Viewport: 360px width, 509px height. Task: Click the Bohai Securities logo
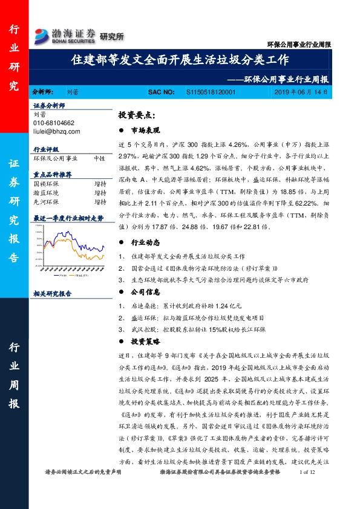[x=65, y=34]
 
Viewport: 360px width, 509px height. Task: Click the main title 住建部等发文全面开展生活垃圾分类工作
[x=180, y=60]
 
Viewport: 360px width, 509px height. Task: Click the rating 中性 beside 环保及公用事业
[x=99, y=158]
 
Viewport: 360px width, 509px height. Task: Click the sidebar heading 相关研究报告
[x=52, y=293]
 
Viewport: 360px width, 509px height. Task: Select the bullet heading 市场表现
[x=145, y=130]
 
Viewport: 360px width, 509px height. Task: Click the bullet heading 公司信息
[x=145, y=292]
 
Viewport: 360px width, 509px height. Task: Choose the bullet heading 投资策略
[x=145, y=342]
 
